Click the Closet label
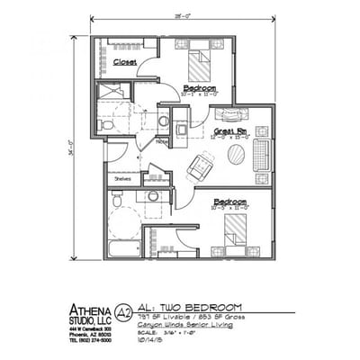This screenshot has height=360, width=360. [x=125, y=62]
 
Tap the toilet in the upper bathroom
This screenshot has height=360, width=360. [x=108, y=127]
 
